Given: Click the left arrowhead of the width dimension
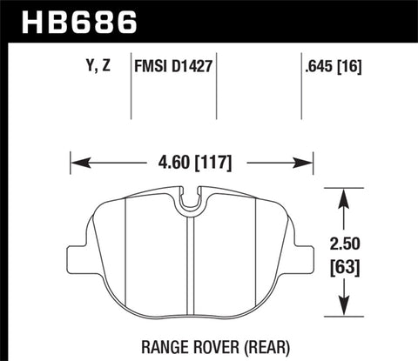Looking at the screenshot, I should click(77, 162).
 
